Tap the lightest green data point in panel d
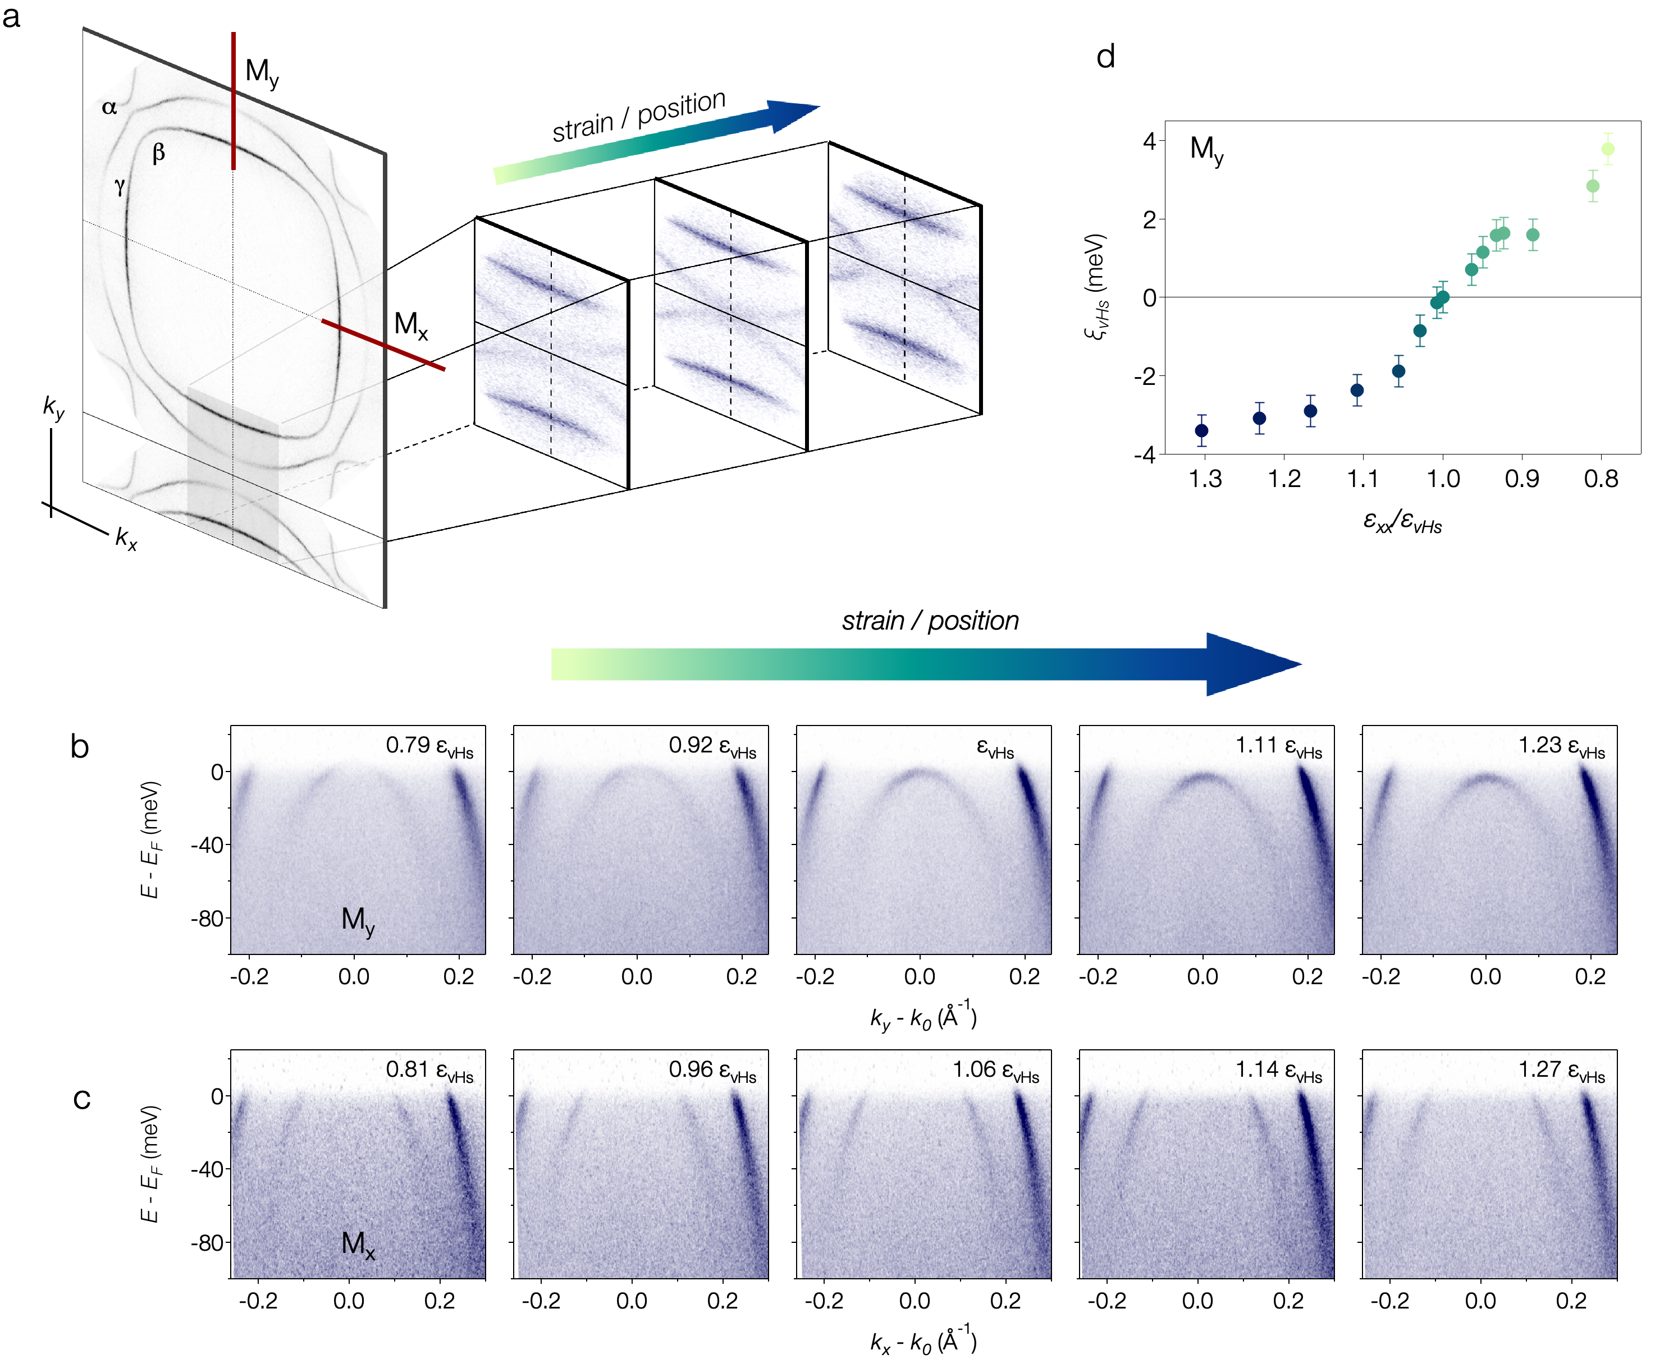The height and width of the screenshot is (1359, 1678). click(x=1607, y=149)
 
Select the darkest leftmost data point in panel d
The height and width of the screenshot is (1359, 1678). click(x=1201, y=430)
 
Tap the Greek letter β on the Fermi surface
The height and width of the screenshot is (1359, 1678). click(x=159, y=152)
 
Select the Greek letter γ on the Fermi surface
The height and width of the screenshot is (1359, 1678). click(x=119, y=186)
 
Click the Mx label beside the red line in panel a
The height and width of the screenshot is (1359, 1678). click(x=410, y=324)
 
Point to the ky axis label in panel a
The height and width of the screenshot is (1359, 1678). click(x=54, y=407)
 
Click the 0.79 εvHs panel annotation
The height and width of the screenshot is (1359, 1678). click(x=429, y=746)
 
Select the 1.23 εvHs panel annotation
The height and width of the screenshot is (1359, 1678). click(x=1561, y=746)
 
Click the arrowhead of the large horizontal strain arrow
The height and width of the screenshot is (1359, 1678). click(x=1253, y=664)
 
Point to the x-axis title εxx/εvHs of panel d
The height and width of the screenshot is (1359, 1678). click(x=1402, y=521)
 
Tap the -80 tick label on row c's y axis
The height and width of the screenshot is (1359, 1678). click(x=207, y=1243)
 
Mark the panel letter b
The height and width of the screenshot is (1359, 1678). click(x=79, y=747)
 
